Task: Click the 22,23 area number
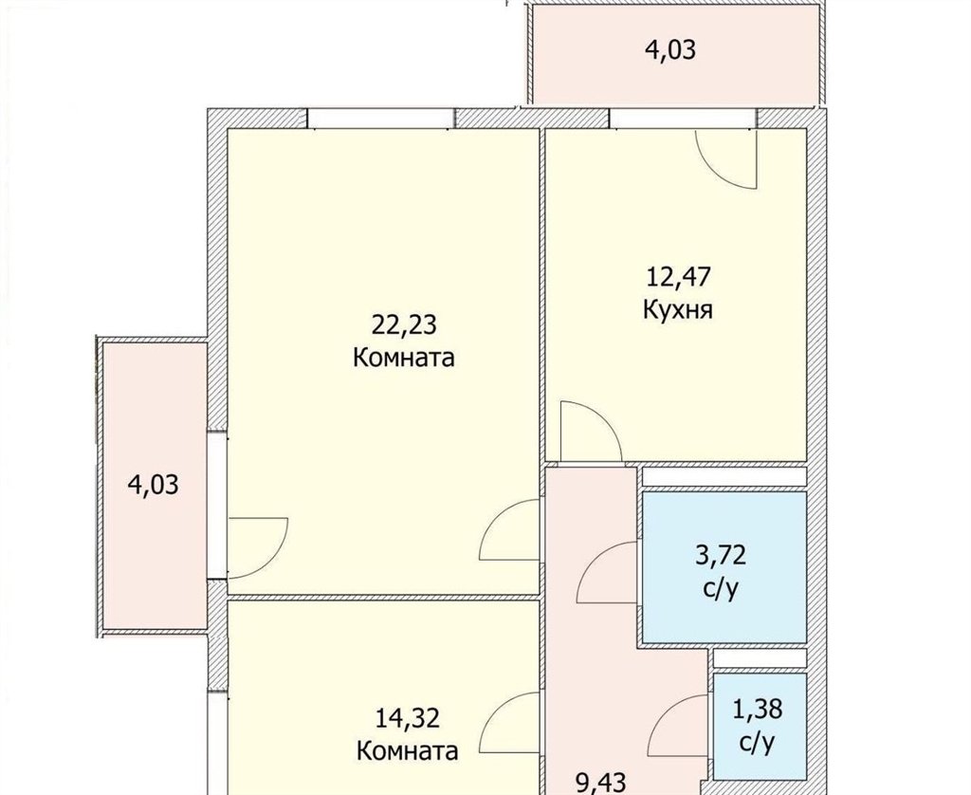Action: click(x=404, y=324)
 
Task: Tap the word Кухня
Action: click(x=678, y=309)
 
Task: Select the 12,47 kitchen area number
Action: click(x=678, y=276)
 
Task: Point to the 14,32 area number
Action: click(x=408, y=718)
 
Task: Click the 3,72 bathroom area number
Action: click(x=721, y=555)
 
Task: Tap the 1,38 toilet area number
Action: click(x=758, y=709)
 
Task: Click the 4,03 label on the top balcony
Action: click(x=670, y=49)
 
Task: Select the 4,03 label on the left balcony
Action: click(x=153, y=484)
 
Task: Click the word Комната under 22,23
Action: click(x=404, y=358)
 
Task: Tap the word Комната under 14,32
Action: click(x=408, y=751)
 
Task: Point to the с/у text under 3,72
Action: click(x=721, y=588)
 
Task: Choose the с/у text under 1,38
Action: click(x=757, y=741)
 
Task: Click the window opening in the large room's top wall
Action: click(x=381, y=119)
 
